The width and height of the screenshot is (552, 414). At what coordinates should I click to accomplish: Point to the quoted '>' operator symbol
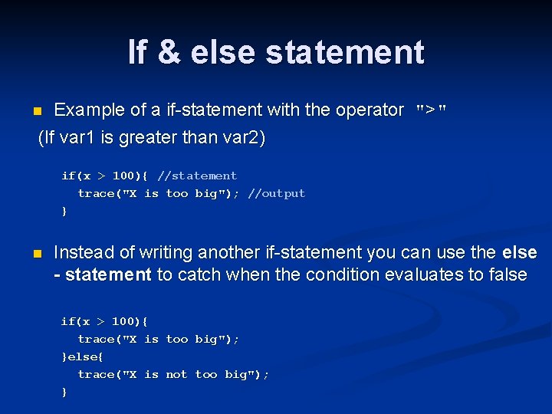click(x=430, y=110)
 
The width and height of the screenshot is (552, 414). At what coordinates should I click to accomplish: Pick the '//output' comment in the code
click(x=276, y=193)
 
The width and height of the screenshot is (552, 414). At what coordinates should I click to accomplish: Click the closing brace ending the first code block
click(x=64, y=211)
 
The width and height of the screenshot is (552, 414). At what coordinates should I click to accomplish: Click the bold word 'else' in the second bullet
click(x=519, y=252)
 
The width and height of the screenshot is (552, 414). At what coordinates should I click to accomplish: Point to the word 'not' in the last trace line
click(x=176, y=374)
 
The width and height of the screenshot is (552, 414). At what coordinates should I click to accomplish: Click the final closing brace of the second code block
click(x=64, y=392)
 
